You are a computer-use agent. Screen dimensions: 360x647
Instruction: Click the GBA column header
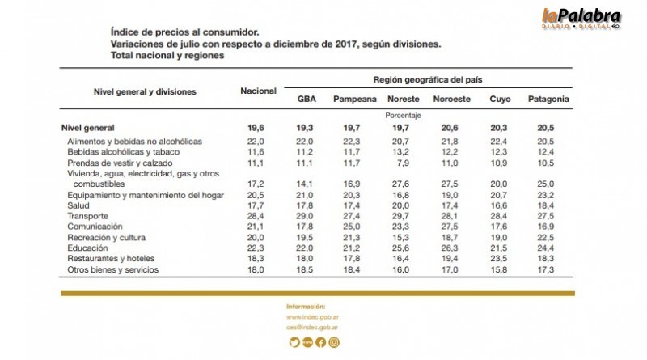tap(307, 100)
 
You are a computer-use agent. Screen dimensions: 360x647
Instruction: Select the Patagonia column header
tap(548, 100)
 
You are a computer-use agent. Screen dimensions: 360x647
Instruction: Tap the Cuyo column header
tap(500, 100)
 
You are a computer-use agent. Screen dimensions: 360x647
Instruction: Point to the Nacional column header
tap(258, 91)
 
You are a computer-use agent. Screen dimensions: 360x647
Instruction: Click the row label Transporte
tap(88, 216)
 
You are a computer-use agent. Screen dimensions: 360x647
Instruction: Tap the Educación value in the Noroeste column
tap(451, 248)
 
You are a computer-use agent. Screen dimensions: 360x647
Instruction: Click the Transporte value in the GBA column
tap(307, 216)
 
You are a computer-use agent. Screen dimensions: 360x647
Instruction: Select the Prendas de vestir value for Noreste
tap(403, 163)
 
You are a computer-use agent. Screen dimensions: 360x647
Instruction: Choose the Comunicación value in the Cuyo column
tap(500, 227)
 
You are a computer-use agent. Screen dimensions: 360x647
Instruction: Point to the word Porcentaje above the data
tap(403, 116)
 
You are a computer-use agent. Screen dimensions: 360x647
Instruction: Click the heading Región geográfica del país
tap(427, 80)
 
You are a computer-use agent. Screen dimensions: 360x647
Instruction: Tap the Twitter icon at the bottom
tap(294, 342)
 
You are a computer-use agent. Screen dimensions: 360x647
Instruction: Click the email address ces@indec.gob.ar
tap(312, 328)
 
